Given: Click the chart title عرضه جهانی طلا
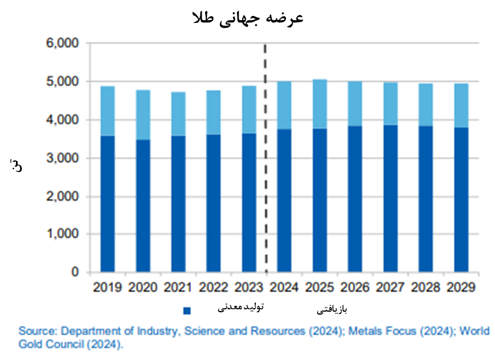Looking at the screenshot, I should click(x=247, y=18).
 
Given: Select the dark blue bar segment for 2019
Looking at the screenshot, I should click(x=107, y=203).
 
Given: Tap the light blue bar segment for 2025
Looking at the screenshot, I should click(x=319, y=104).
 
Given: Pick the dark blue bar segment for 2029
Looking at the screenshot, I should click(x=461, y=200).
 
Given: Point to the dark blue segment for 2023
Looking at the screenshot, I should click(x=249, y=203).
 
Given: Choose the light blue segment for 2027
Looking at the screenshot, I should click(x=390, y=104).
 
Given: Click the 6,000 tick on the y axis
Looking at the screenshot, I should click(x=62, y=44).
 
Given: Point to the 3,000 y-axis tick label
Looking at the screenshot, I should click(x=62, y=158).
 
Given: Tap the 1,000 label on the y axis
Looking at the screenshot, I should click(x=62, y=235).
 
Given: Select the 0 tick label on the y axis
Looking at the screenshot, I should click(x=75, y=272).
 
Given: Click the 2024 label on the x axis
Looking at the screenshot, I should click(x=284, y=288).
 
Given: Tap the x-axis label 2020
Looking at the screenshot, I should click(x=143, y=288).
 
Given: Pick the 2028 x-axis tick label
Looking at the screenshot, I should click(x=425, y=288).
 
